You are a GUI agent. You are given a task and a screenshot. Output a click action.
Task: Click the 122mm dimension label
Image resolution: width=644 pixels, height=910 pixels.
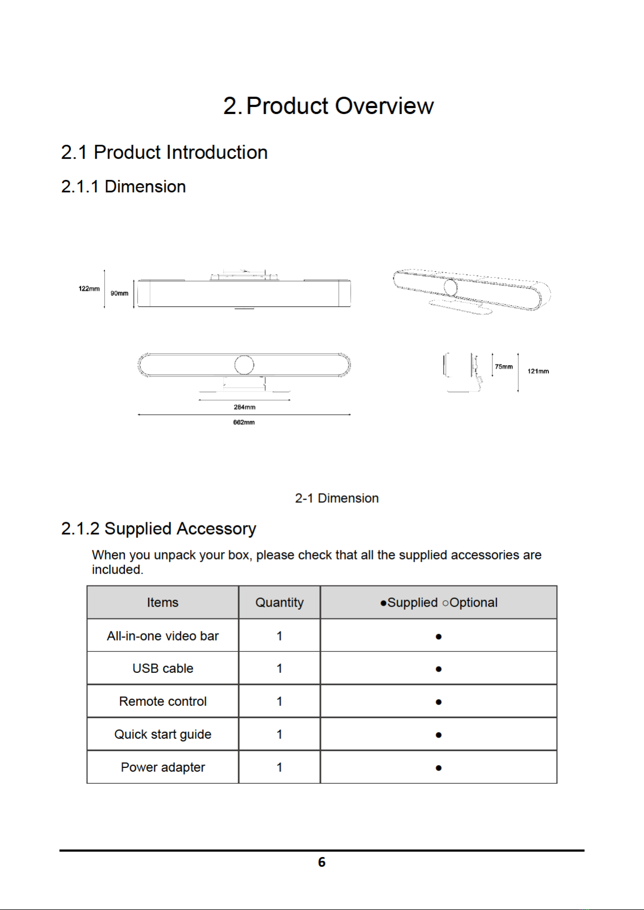point(89,288)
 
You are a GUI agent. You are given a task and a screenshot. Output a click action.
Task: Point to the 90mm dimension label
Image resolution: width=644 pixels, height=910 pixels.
point(119,293)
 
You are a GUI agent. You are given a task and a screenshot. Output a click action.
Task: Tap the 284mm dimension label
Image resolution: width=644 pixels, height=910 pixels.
point(245,407)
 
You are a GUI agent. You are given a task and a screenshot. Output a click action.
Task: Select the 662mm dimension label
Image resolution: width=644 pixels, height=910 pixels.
point(244,422)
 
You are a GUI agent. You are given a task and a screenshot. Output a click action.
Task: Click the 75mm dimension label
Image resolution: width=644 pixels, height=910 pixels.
point(504,367)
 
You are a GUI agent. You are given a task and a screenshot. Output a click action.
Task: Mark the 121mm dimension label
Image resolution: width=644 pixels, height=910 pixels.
point(538,371)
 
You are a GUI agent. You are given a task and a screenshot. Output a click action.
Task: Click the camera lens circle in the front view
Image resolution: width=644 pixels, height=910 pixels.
point(244,365)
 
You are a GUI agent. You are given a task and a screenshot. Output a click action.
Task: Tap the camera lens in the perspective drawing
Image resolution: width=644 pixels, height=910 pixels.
point(450,287)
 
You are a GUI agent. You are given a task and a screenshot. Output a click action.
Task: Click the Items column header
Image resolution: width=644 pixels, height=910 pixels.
point(163,602)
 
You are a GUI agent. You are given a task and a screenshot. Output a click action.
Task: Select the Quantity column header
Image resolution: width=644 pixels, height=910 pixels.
point(279,603)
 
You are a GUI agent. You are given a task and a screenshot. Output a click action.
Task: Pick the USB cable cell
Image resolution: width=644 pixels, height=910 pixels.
point(163,668)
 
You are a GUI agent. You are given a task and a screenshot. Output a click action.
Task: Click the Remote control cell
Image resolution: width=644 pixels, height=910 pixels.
point(163,701)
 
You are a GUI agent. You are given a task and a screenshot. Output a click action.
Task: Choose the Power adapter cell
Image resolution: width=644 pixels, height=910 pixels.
point(163,767)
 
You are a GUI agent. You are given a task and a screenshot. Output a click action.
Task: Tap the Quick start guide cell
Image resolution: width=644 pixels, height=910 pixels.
point(163,734)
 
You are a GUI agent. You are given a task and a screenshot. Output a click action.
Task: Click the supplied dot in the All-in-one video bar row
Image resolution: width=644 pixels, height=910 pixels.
point(438,637)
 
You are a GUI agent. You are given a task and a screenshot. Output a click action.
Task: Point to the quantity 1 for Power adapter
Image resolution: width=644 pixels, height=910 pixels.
point(279,767)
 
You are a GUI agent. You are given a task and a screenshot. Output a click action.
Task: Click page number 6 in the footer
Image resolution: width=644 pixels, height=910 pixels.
point(322,861)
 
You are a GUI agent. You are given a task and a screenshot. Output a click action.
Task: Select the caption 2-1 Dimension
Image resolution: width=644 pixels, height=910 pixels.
point(337,498)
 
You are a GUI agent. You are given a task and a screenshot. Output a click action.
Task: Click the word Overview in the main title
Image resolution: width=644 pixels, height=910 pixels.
point(384,106)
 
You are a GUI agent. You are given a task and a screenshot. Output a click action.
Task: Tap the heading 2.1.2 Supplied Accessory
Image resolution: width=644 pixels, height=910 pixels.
point(159,529)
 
